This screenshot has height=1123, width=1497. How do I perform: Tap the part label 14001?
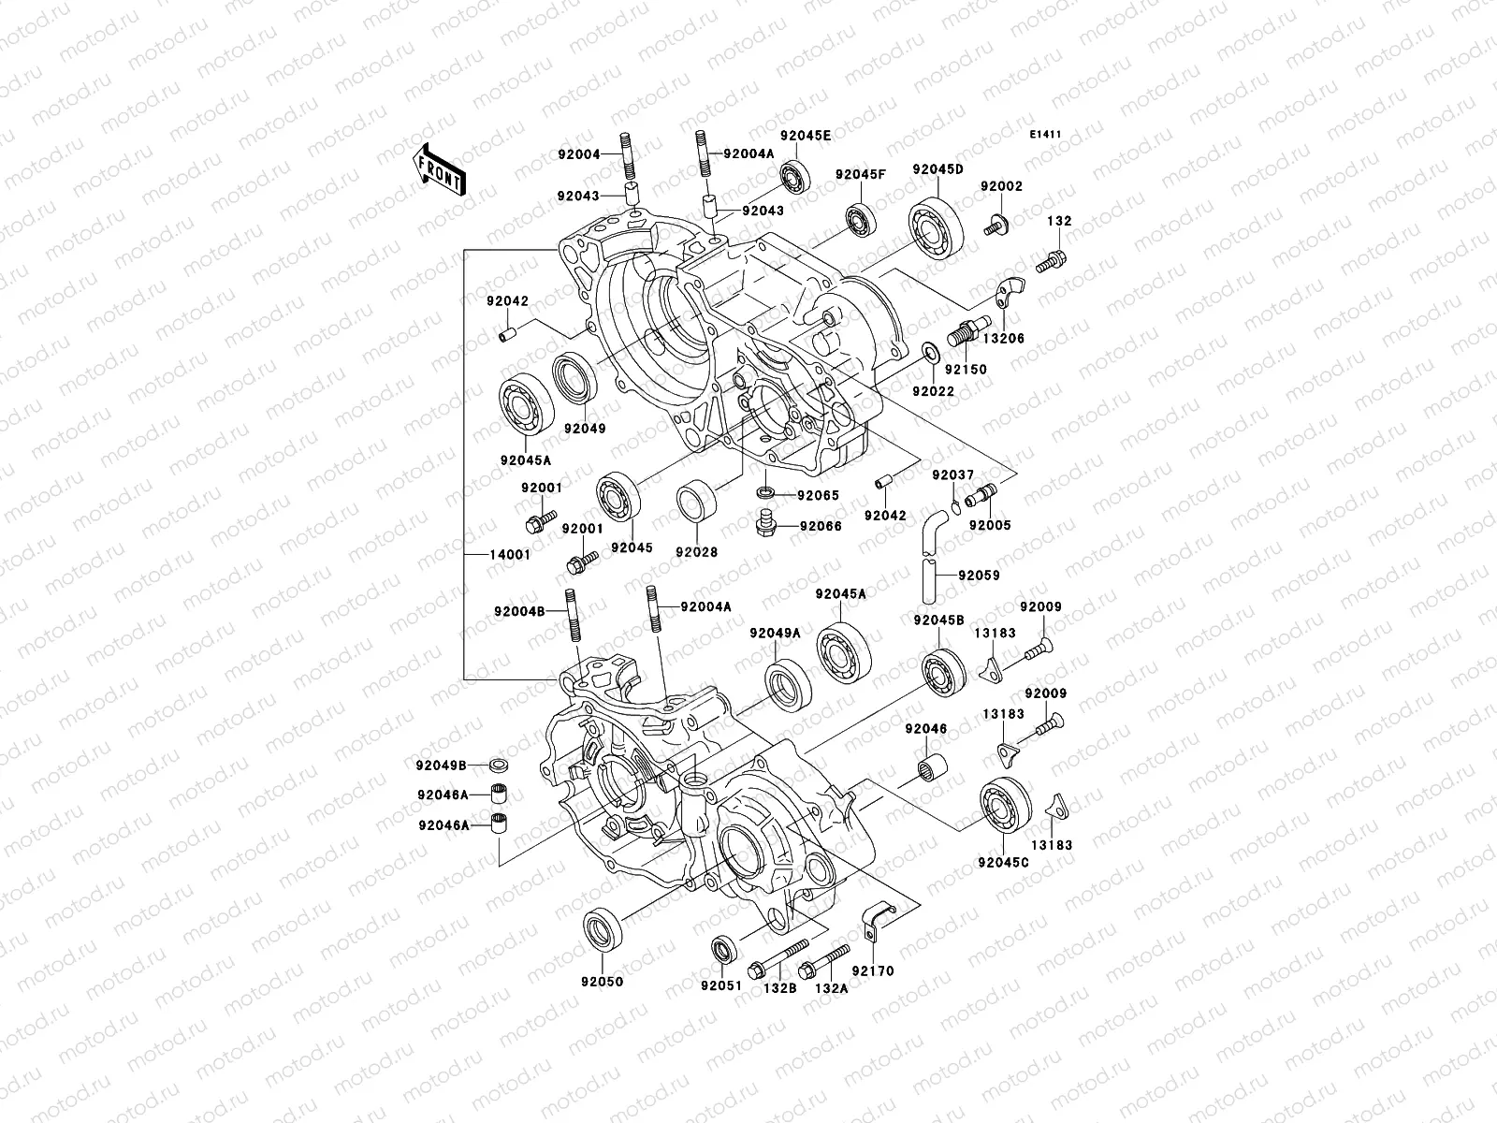[510, 554]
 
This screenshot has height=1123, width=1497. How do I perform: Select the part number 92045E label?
[806, 135]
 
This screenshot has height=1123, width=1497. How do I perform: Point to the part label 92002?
[1001, 186]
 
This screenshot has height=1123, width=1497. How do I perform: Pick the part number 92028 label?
[696, 552]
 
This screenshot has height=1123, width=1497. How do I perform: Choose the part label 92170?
[872, 971]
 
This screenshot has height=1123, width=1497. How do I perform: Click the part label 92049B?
[443, 764]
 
